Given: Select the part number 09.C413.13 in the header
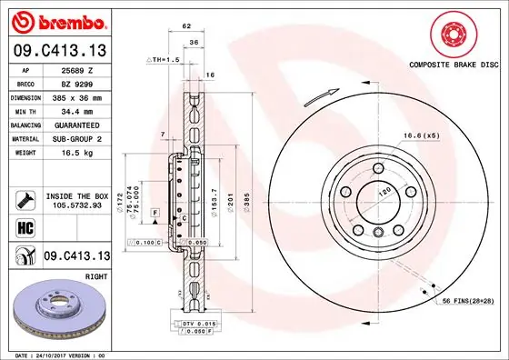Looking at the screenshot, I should pos(57,51).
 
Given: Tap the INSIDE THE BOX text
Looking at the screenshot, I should pos(77,195).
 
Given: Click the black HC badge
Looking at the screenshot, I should pos(21,226).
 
